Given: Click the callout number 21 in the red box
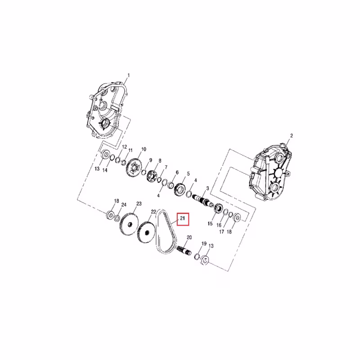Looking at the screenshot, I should pyautogui.click(x=183, y=219).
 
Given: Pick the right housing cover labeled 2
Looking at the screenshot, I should pyautogui.click(x=267, y=171).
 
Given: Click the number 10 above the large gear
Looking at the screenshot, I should pyautogui.click(x=144, y=149).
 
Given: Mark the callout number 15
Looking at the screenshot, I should pyautogui.click(x=210, y=223).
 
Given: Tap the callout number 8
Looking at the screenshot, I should pyautogui.click(x=159, y=161).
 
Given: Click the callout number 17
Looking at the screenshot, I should pyautogui.click(x=221, y=232).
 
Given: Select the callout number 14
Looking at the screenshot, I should pyautogui.click(x=105, y=170).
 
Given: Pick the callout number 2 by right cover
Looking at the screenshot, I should pyautogui.click(x=291, y=135).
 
